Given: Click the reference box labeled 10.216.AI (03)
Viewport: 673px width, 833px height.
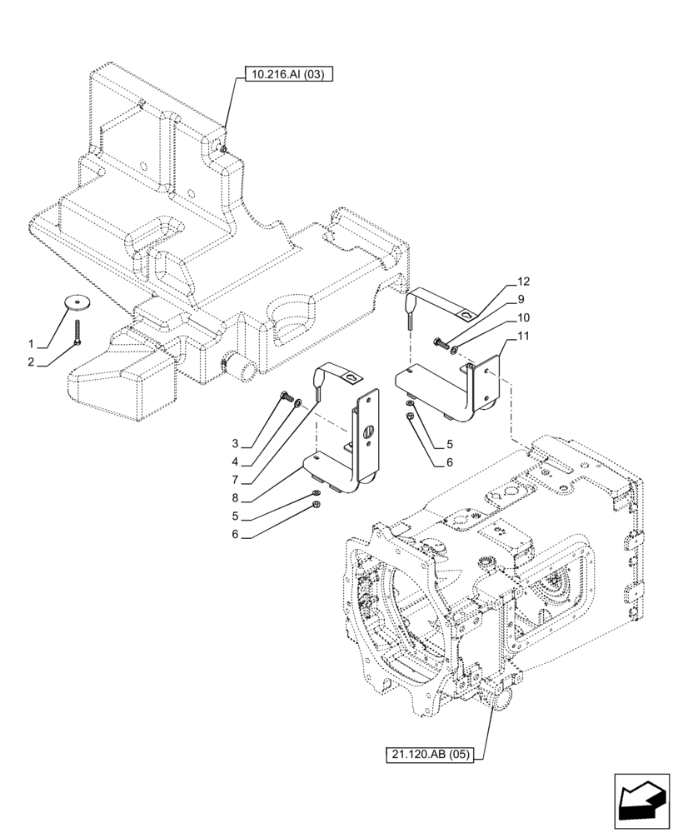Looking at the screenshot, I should (289, 74).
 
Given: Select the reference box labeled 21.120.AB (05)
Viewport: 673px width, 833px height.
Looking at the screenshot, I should (429, 755).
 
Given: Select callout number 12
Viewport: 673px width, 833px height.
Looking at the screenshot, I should (522, 282).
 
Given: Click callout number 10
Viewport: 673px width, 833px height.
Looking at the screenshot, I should (522, 317).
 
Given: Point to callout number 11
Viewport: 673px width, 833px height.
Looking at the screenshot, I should (522, 336).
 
